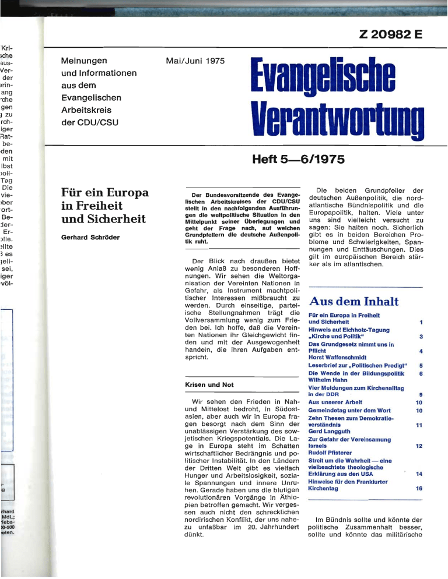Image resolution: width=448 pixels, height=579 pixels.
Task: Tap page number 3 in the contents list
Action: tap(419, 336)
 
